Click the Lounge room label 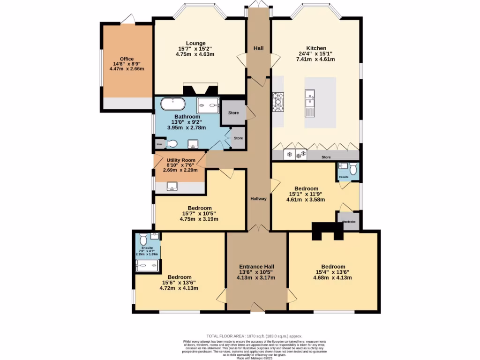coord(195,43)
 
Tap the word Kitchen coord(316,48)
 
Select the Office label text coord(127,59)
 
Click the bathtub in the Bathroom coord(173,104)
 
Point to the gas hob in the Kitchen coord(278,102)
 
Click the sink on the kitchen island coord(310,102)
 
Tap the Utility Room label coord(181,160)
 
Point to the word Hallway coord(258,199)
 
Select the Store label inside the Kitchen coord(326,157)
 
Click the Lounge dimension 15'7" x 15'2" coord(195,49)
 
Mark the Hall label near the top coord(258,48)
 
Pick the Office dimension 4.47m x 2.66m coord(127,69)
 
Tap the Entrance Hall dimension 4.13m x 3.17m coord(256,277)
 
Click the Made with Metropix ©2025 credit coord(255,358)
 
